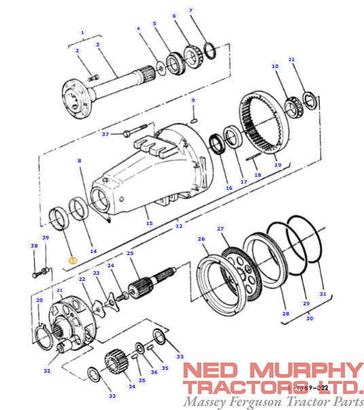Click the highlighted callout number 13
[73, 260]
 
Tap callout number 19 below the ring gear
[277, 165]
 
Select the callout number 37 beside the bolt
[105, 134]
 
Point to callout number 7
[191, 10]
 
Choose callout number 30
[310, 318]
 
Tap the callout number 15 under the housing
[149, 223]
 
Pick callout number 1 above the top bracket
[82, 32]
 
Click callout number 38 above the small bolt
[34, 245]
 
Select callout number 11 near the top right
[291, 59]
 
